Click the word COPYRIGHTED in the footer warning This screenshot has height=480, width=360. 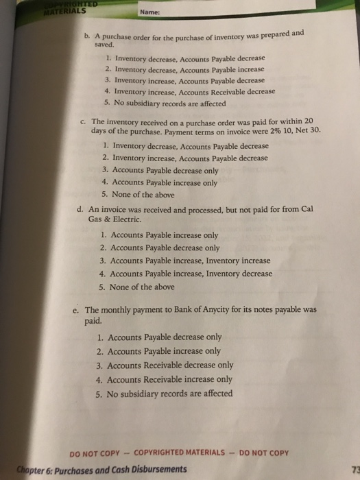[179, 453]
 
